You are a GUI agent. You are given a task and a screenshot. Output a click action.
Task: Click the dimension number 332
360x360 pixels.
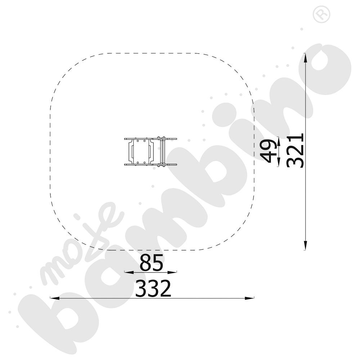153,288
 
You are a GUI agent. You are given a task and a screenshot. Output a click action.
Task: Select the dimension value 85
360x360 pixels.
151,262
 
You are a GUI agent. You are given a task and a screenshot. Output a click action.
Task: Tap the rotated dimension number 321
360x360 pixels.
295,150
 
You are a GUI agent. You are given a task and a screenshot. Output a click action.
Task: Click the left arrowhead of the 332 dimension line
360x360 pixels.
55,298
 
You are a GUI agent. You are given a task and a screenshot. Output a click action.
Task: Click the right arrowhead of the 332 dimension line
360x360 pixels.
249,298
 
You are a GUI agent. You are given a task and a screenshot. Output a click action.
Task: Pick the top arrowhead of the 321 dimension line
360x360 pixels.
305,58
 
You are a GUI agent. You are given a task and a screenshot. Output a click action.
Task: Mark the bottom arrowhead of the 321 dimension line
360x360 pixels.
305,245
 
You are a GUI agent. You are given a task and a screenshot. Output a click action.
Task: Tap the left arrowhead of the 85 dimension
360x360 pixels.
129,273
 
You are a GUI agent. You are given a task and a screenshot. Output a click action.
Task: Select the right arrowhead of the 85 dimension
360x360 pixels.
172,273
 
